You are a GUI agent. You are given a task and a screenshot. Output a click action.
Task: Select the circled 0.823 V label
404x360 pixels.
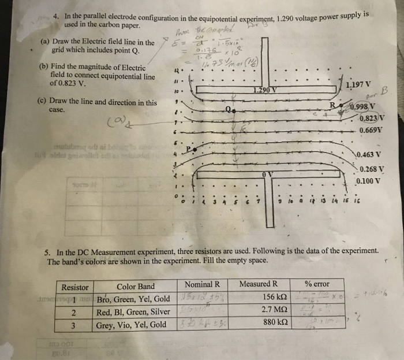(372, 120)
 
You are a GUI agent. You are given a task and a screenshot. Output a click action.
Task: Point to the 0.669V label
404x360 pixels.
(371, 131)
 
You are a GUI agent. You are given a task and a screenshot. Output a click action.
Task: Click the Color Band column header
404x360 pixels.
(136, 286)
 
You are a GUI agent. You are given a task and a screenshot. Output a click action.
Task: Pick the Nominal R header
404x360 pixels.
(203, 284)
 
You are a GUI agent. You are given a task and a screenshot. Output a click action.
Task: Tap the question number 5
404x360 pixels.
(47, 251)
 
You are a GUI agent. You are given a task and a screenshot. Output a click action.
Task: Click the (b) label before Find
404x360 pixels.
(43, 66)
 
